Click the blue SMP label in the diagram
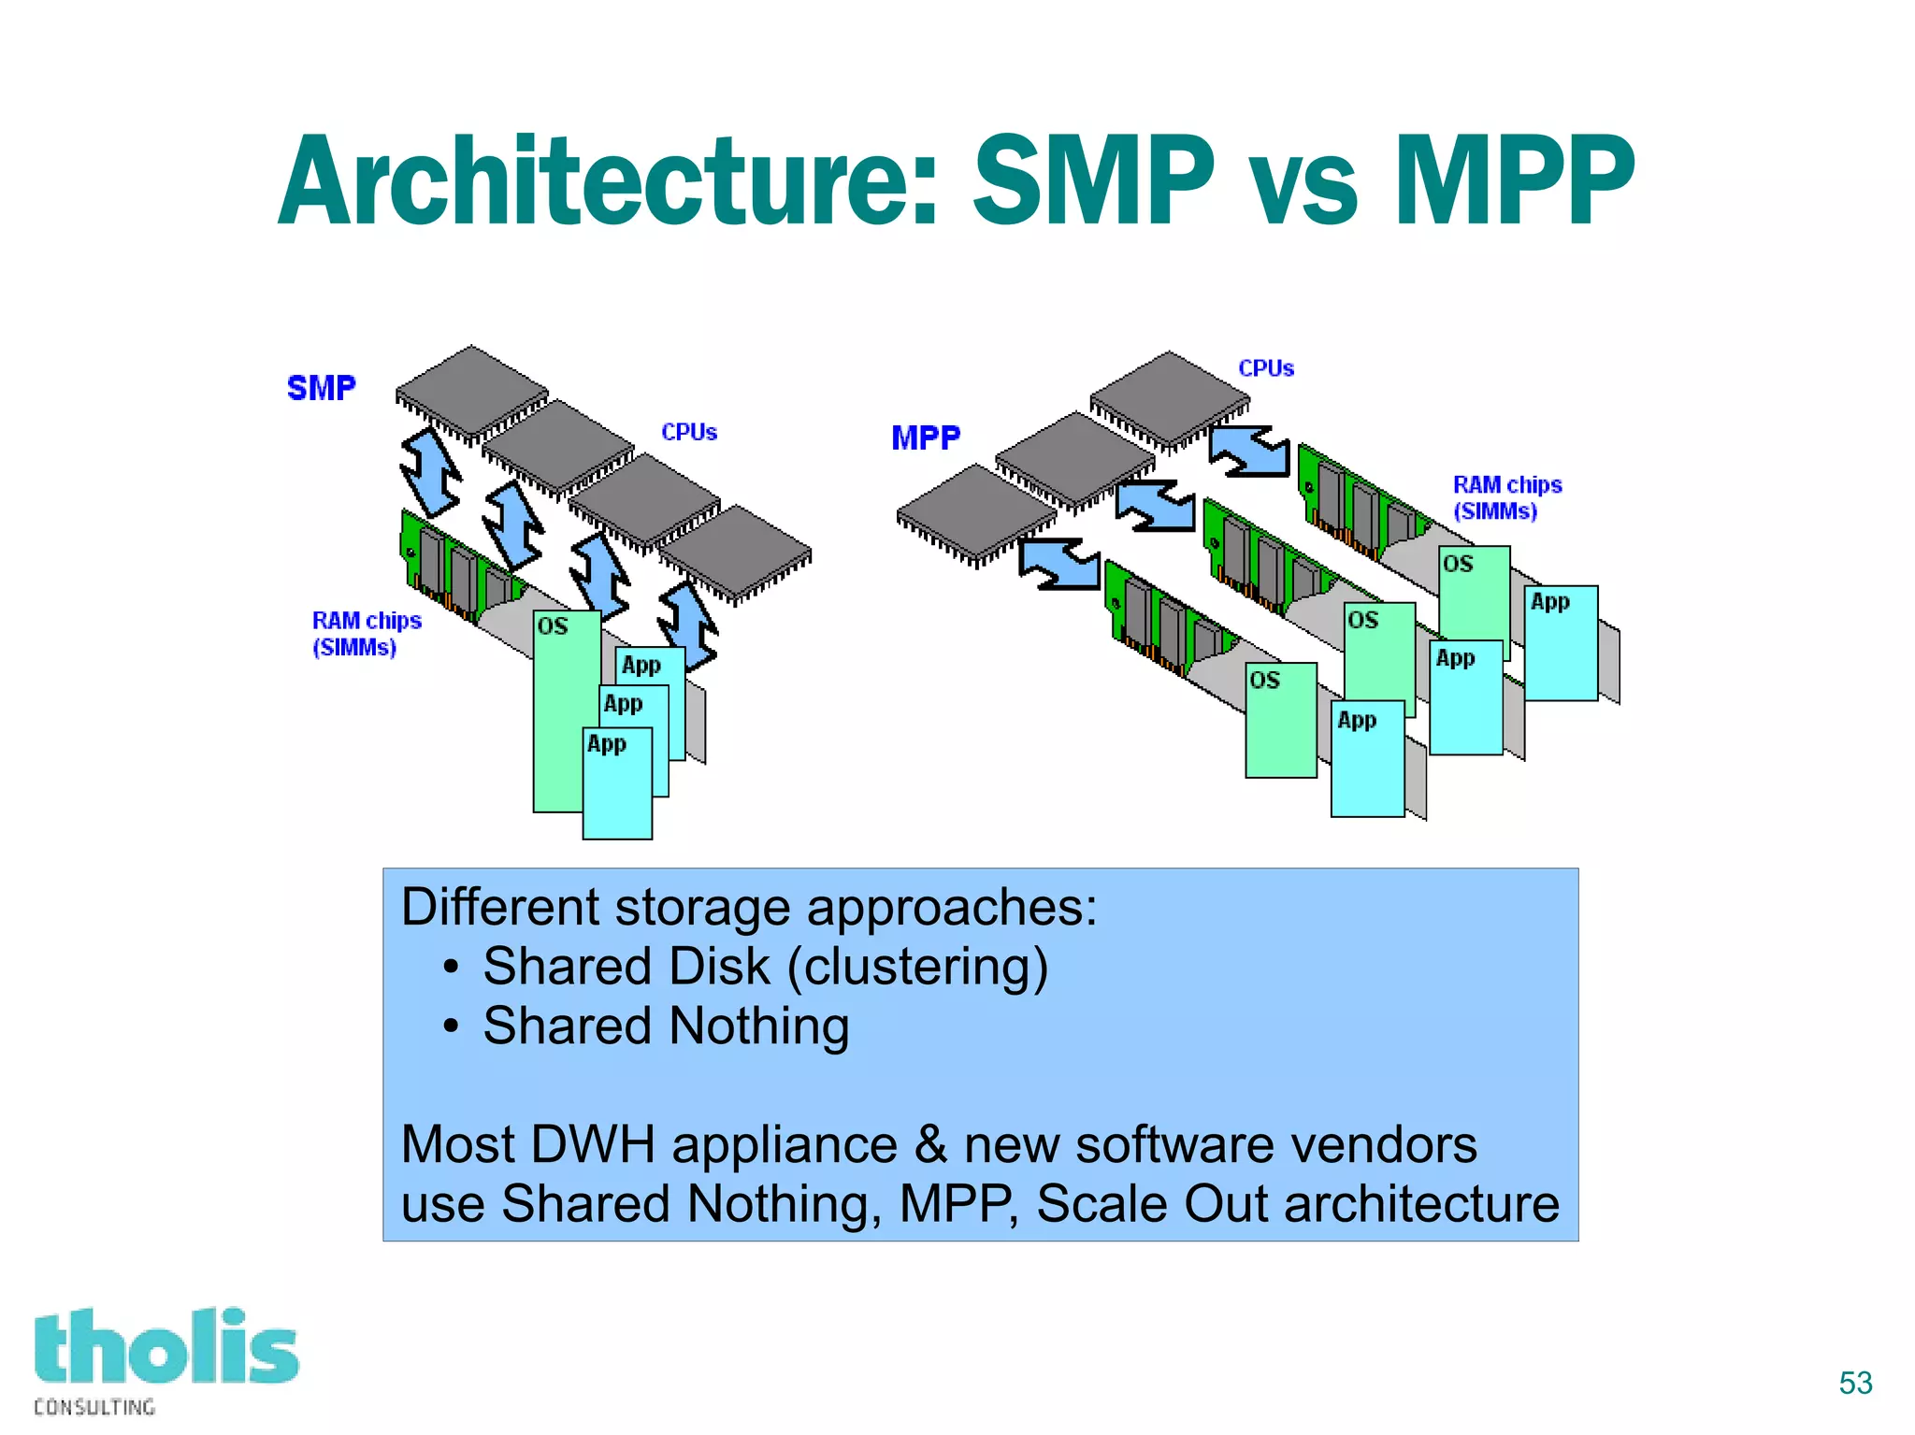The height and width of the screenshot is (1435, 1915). [321, 388]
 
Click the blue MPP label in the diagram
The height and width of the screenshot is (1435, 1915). [925, 438]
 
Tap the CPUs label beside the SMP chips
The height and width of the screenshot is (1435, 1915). [689, 432]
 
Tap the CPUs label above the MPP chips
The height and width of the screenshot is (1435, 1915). [1266, 368]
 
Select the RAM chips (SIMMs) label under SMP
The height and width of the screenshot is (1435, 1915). [366, 634]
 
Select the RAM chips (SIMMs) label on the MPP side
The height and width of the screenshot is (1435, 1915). [1506, 497]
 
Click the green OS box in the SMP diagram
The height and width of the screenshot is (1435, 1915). [561, 710]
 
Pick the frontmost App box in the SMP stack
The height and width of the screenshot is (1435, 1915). [617, 785]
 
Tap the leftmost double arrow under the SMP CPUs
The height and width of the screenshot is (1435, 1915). [431, 473]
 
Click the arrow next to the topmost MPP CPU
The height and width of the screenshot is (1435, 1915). [1250, 452]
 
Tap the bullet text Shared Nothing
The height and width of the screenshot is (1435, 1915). [666, 1026]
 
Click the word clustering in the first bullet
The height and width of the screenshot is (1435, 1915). [916, 967]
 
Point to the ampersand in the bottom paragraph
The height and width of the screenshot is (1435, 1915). [930, 1144]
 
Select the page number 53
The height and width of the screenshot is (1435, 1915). [1855, 1383]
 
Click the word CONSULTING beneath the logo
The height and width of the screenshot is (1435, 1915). [94, 1407]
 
